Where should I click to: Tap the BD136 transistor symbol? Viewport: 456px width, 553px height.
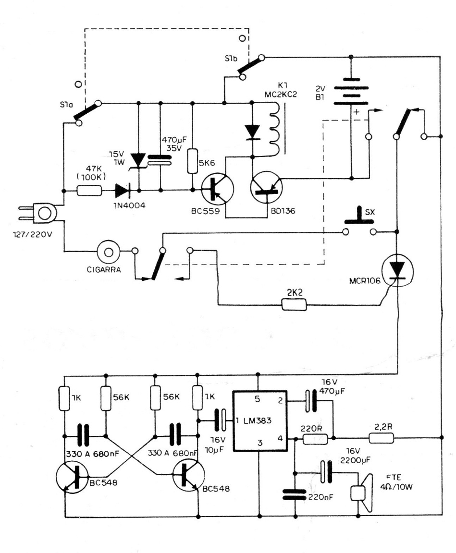tap(267, 189)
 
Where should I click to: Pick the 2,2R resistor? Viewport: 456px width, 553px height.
tap(382, 437)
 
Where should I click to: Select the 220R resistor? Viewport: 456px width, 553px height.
tap(315, 437)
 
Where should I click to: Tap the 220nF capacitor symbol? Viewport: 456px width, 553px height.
tap(294, 494)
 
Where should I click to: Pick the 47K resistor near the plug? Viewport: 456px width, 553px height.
tap(90, 191)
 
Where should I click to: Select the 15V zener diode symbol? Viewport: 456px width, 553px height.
tap(139, 160)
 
